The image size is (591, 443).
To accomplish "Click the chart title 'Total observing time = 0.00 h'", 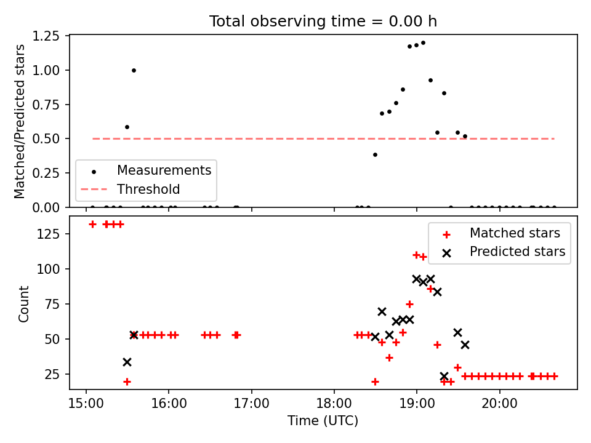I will click(x=323, y=22).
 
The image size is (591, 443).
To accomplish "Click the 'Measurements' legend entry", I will click(x=164, y=170).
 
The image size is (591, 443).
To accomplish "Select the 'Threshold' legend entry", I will click(x=148, y=189).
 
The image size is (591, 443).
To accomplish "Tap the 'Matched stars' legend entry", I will click(x=515, y=233).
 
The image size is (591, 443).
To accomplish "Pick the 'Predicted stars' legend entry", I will click(x=517, y=252).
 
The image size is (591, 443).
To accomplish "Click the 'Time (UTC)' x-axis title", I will click(x=323, y=421).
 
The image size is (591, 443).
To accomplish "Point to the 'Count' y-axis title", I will click(x=24, y=303).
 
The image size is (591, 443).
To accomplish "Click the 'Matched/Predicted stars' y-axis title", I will click(x=20, y=121).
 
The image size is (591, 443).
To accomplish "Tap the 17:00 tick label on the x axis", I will click(x=251, y=404).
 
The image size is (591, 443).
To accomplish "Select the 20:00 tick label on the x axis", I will click(x=499, y=404).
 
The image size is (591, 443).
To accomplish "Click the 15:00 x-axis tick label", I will click(x=86, y=404).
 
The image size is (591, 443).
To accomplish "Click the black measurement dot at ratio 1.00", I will click(x=134, y=70).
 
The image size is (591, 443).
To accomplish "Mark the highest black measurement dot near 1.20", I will click(x=423, y=42).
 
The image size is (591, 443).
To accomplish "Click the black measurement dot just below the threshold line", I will click(x=375, y=154).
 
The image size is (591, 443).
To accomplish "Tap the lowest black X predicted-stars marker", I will click(x=444, y=376).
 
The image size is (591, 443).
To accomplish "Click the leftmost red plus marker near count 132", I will click(x=92, y=224).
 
